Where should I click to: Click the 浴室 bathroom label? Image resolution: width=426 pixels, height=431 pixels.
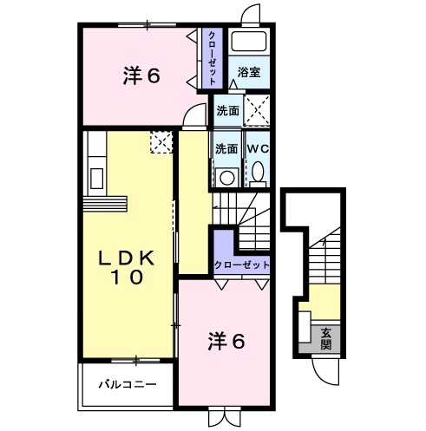click(249, 73)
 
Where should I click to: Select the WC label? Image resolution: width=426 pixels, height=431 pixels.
click(259, 147)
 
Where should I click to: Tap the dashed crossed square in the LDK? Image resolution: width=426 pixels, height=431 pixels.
click(161, 141)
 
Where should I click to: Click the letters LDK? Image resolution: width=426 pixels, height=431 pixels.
click(126, 258)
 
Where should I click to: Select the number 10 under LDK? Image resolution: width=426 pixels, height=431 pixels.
click(126, 278)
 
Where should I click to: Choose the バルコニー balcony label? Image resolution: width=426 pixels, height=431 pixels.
click(127, 382)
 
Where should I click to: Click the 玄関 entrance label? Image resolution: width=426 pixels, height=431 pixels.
click(325, 338)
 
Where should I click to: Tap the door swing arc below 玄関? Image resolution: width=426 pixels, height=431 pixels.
click(327, 371)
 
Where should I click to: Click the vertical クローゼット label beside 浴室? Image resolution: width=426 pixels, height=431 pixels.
click(212, 57)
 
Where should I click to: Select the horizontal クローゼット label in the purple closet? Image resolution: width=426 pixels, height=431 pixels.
click(241, 264)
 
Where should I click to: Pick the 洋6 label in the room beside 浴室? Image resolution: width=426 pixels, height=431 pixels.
click(141, 76)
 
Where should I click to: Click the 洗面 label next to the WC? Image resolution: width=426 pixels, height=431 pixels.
click(226, 147)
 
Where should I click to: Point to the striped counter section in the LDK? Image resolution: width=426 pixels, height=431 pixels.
click(106, 205)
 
